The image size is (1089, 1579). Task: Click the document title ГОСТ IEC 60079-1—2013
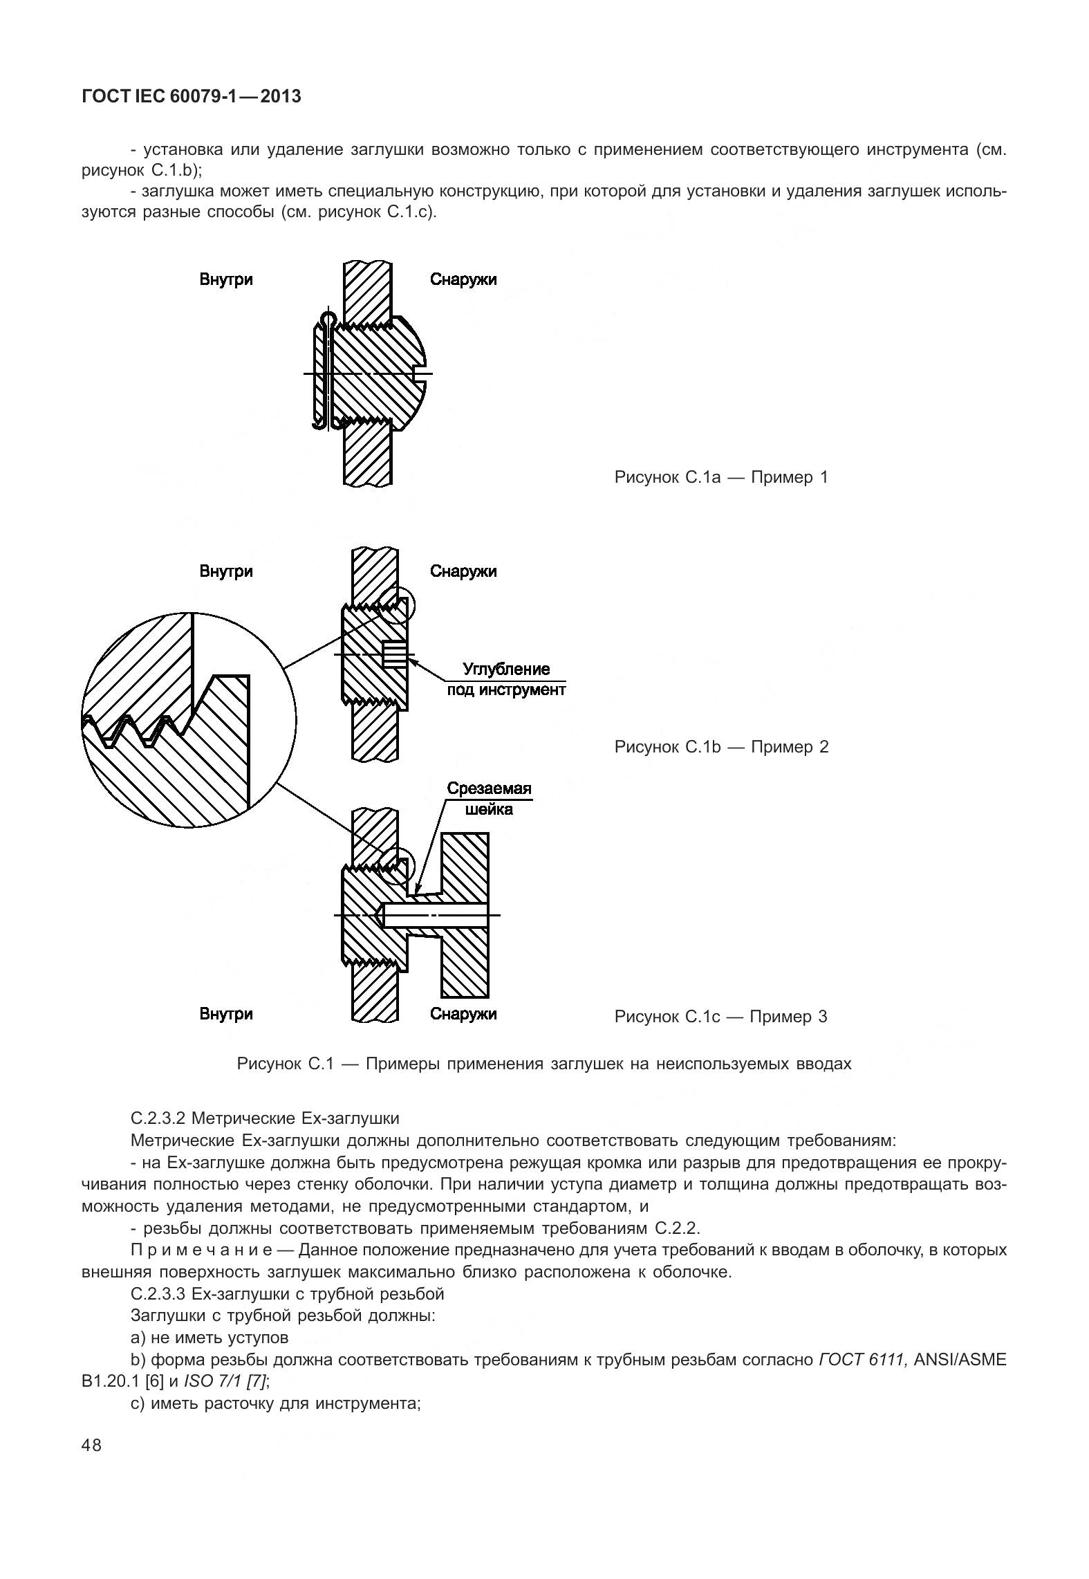192,96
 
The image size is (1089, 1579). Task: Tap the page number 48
91,1445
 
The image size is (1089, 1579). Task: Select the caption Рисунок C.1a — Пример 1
720,477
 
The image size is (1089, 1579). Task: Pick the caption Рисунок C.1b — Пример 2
721,746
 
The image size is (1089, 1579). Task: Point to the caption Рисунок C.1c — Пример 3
720,1016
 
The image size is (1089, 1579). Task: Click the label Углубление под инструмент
506,679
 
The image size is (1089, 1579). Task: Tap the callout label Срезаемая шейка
489,799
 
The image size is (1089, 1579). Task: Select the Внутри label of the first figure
226,279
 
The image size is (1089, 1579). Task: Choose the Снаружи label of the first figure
463,279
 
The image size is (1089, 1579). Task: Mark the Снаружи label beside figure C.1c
463,1014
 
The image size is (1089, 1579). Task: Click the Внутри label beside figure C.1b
226,571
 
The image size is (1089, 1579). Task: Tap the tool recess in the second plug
395,654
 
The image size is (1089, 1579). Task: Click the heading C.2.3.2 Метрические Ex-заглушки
265,1118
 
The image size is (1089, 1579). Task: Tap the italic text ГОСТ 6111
862,1360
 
